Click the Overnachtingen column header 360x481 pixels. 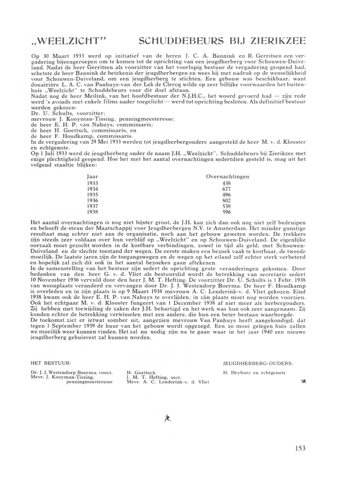[228, 177]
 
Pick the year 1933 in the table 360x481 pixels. [93, 183]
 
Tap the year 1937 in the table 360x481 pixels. [93, 206]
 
